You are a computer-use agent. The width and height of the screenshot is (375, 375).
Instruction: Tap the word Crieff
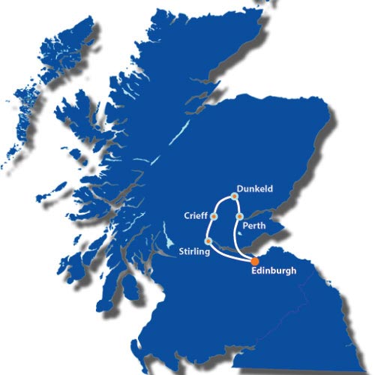195,216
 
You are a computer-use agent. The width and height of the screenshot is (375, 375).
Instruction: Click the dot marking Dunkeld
235,196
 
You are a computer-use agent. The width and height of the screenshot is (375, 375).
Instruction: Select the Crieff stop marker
214,217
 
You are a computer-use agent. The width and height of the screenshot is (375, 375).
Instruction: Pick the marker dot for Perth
238,217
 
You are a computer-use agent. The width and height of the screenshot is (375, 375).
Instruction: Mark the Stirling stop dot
208,241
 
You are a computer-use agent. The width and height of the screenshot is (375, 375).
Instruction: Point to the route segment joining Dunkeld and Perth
238,206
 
